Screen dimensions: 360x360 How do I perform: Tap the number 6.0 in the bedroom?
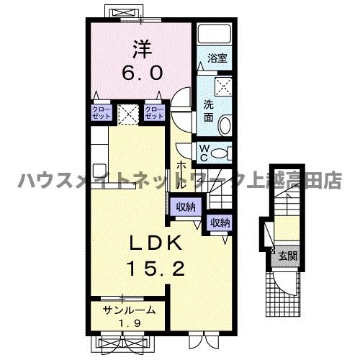(x=141, y=72)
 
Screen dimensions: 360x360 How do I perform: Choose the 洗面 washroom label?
(x=207, y=109)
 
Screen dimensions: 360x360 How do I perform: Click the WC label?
(x=204, y=153)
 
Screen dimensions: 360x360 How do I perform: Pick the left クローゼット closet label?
(x=99, y=112)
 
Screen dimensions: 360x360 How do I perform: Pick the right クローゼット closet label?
(x=154, y=112)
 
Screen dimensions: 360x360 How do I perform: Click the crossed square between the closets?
(x=127, y=113)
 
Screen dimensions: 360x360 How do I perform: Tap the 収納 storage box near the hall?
(x=186, y=207)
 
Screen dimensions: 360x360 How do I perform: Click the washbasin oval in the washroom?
(x=225, y=125)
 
